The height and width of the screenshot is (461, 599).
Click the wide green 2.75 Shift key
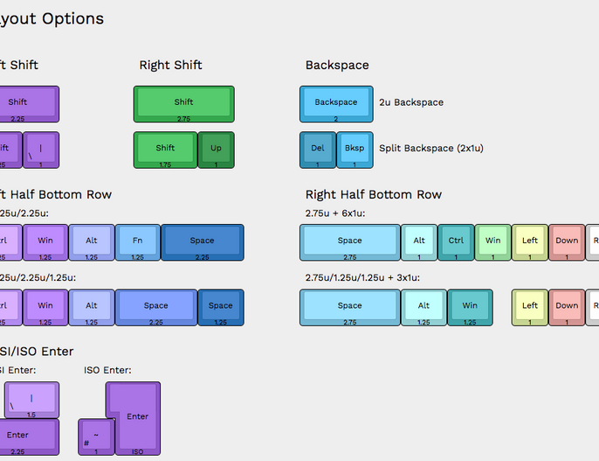[183, 103]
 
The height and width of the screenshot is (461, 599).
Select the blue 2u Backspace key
[336, 103]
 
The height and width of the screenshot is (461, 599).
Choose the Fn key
[137, 241]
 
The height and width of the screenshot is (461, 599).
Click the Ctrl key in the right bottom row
[456, 241]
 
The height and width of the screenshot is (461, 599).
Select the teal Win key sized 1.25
[470, 306]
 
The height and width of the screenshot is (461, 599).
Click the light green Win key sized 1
[492, 241]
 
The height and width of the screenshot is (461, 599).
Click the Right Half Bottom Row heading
[373, 194]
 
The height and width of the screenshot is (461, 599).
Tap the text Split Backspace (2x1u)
[430, 148]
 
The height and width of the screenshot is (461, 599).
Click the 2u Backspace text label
[410, 102]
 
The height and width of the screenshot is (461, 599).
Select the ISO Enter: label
[107, 370]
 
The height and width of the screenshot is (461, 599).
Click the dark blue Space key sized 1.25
[220, 306]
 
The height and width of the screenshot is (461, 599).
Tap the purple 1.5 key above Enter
[31, 401]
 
